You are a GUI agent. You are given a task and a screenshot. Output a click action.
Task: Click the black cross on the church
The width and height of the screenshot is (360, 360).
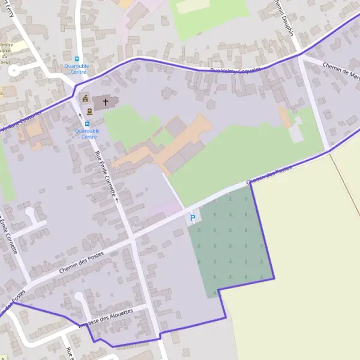tap(106, 101)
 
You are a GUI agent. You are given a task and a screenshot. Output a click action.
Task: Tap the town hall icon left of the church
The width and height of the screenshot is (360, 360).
tap(85, 98)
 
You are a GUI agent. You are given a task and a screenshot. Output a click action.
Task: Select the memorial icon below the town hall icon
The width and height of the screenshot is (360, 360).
tap(89, 111)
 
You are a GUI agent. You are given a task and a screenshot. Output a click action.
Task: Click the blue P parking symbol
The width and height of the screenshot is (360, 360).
tap(193, 218)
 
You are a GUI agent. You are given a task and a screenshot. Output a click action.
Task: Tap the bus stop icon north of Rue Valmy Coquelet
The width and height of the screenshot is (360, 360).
tap(77, 59)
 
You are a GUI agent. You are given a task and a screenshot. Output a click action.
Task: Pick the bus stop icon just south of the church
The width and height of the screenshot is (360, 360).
tap(87, 123)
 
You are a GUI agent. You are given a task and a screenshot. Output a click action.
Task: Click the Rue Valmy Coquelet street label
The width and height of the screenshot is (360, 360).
tap(232, 70)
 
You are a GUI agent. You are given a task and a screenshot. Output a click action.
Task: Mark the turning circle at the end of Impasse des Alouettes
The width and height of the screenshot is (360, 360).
tap(79, 296)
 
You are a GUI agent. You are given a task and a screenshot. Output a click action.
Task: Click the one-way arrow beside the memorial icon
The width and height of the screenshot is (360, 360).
tap(80, 115)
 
